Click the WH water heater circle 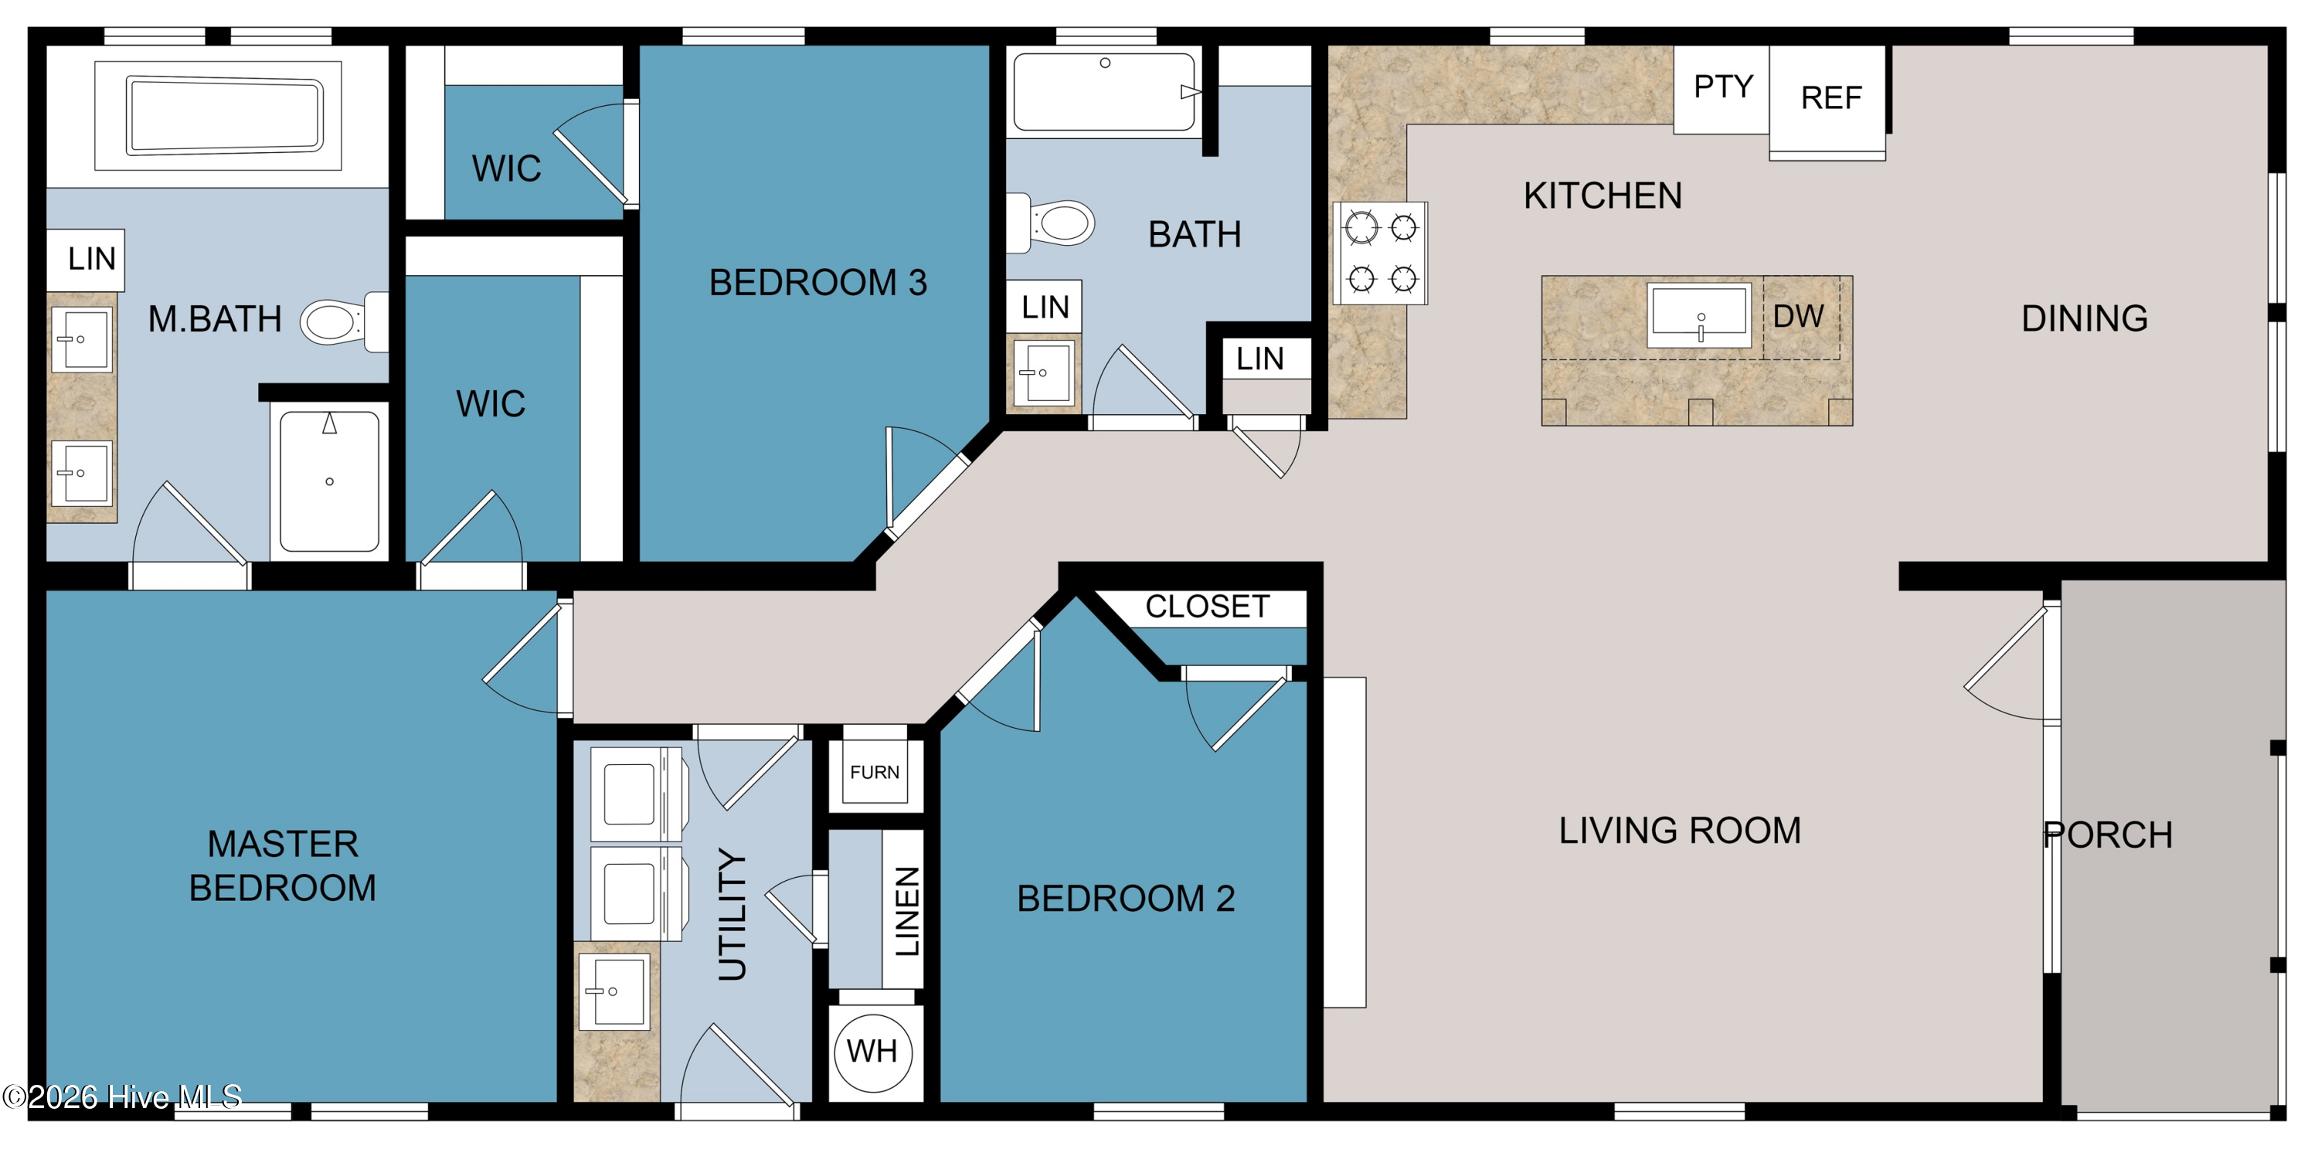(x=873, y=1051)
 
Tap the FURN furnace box (x=875, y=772)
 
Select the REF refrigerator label (x=1831, y=97)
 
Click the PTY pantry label (x=1723, y=87)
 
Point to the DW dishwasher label (x=1799, y=317)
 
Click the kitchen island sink (x=1699, y=316)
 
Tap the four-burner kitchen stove (x=1382, y=253)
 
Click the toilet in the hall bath (x=1050, y=223)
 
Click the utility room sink (x=613, y=991)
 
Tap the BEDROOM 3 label (x=818, y=283)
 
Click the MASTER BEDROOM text (x=283, y=865)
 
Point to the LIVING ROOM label (x=1680, y=831)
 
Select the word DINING (x=2085, y=318)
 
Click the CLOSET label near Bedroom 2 (x=1208, y=607)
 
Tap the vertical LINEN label (x=907, y=910)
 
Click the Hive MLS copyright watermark (x=122, y=1096)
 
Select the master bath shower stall (x=329, y=481)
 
